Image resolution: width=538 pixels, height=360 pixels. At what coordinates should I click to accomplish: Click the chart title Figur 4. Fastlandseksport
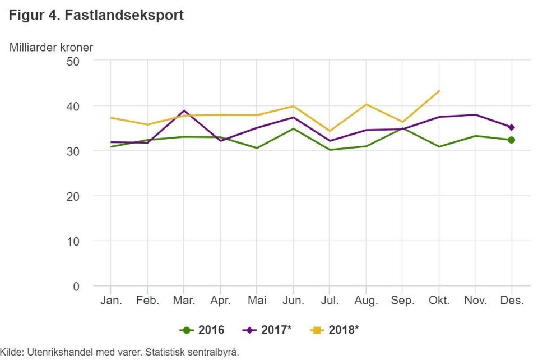coord(96,15)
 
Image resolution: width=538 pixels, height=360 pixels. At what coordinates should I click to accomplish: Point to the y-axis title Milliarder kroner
coord(51,48)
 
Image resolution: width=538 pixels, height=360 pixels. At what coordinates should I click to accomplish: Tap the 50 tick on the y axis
coord(73,61)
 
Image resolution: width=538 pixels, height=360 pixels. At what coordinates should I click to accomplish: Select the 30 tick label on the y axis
coord(73,151)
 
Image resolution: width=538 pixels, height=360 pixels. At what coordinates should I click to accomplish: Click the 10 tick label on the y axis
coord(73,241)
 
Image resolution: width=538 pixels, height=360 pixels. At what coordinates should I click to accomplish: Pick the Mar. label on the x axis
coord(184,301)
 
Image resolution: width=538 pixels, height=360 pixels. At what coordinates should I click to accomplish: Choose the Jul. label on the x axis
coord(330,301)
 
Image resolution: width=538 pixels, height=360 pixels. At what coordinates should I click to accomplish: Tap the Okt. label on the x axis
coord(439,301)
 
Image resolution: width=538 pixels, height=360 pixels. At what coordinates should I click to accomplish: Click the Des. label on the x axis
coord(512,301)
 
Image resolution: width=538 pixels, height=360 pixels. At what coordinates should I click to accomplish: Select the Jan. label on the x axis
coord(111,301)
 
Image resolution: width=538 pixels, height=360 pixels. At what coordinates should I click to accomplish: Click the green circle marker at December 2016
coord(511,140)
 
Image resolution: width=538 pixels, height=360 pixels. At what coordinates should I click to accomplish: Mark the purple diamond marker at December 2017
coord(511,127)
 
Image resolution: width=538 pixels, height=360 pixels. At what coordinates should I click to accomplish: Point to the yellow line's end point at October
coord(439,91)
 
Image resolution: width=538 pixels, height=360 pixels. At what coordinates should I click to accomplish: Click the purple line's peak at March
coord(184,111)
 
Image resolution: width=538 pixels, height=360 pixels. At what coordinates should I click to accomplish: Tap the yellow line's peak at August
coord(366,104)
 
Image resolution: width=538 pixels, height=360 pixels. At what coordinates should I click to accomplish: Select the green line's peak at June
coord(293,129)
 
